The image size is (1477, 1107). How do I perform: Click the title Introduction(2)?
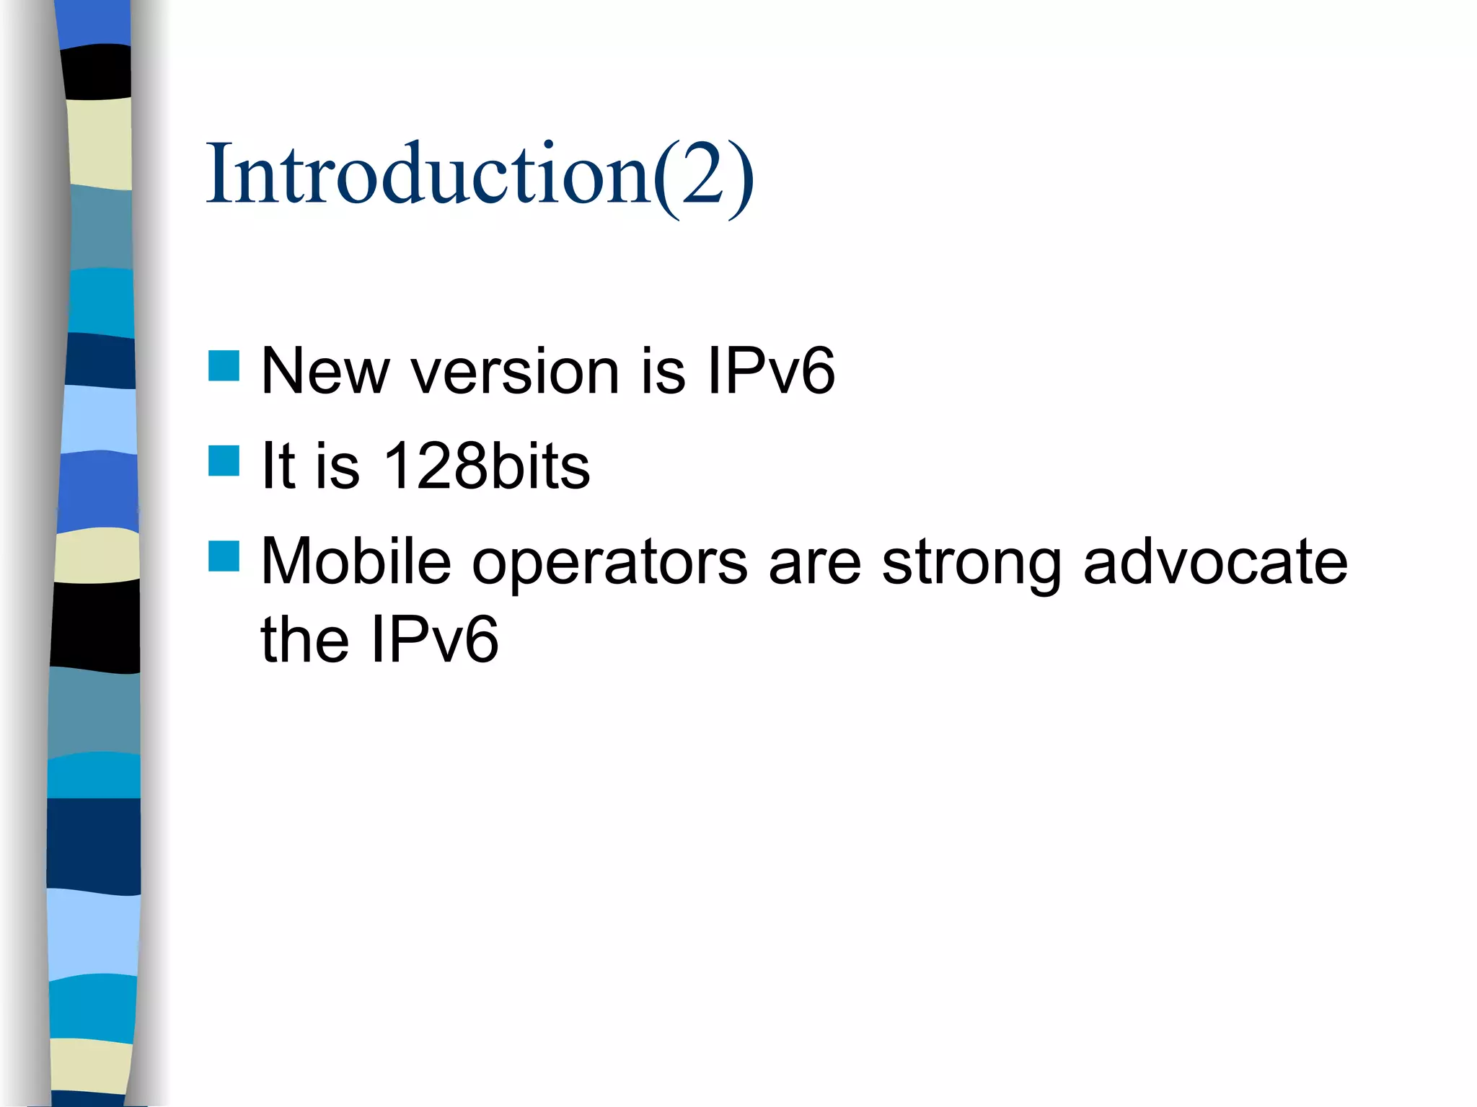coord(480,175)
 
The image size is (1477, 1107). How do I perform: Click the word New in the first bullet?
coord(325,371)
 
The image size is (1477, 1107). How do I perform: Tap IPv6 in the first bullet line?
coord(770,371)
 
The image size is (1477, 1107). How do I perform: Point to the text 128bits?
coord(487,466)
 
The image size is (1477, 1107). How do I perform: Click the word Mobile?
coord(356,561)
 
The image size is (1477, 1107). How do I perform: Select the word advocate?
coord(1215,561)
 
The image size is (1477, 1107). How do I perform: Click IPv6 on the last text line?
coord(434,639)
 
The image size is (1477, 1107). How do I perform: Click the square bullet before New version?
coord(224,365)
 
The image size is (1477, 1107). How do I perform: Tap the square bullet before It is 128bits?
coord(224,461)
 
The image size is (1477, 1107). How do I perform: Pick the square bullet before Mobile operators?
coord(224,556)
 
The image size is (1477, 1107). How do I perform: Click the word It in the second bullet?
coord(278,466)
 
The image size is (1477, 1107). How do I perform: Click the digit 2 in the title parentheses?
coord(702,175)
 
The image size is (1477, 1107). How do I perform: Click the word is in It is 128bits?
coord(338,466)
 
